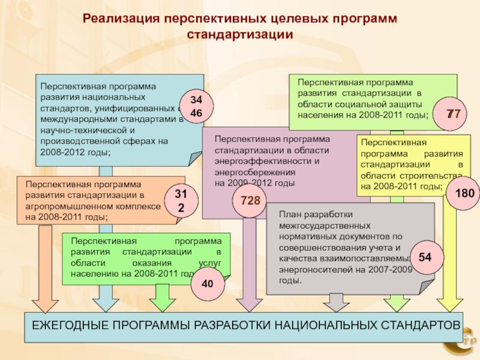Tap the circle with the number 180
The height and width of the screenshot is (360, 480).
464,193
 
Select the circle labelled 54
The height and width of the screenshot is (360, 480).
425,257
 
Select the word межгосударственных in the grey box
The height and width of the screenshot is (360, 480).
325,225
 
